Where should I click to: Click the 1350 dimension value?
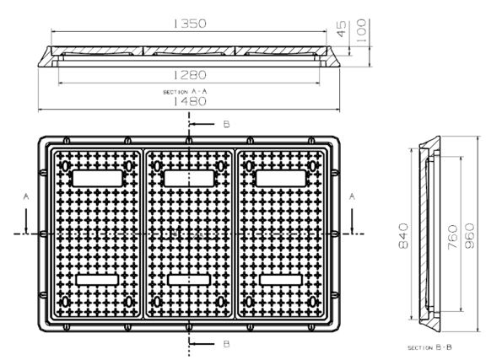point(190,24)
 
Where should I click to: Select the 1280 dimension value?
point(190,75)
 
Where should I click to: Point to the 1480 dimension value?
point(190,101)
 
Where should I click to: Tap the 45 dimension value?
point(343,29)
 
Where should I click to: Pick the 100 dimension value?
point(361,30)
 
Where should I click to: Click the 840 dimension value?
point(404,236)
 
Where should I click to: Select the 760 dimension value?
point(453,237)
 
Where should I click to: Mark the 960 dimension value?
point(469,236)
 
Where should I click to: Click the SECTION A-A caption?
point(185,92)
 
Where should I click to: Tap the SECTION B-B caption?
point(429,347)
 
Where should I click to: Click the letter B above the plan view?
point(226,124)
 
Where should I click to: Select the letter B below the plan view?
point(226,344)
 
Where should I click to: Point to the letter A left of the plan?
point(26,196)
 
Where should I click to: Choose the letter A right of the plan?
point(352,196)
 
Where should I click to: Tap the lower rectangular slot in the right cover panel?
point(280,280)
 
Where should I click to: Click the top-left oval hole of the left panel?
point(66,166)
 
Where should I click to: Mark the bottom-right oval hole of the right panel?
point(312,302)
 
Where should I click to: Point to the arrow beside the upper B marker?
point(202,124)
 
